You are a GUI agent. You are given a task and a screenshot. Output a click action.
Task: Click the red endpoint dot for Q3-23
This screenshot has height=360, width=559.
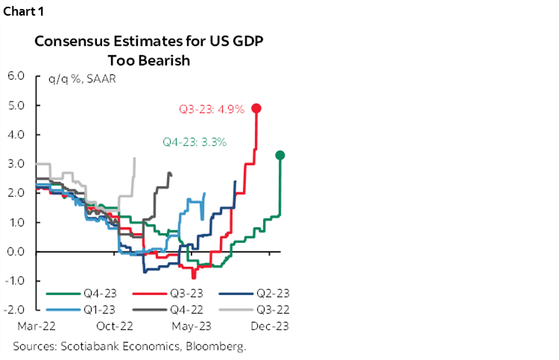pos(256,108)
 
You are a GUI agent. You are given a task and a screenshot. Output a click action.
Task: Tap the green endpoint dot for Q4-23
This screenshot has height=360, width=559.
pos(280,155)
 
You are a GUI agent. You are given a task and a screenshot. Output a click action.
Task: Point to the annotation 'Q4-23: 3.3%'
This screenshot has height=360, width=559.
pos(194,141)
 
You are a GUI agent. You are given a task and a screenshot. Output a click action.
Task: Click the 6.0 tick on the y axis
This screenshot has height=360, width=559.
pos(16,75)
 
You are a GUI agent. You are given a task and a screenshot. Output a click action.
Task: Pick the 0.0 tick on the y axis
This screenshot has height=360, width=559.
pos(16,251)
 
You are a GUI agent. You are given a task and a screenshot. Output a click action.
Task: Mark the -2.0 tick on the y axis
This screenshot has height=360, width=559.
pos(15,309)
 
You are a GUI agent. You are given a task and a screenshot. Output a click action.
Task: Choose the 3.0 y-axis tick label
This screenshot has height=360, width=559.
pos(16,163)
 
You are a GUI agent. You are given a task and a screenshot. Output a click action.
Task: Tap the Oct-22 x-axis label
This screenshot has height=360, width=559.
pos(116,326)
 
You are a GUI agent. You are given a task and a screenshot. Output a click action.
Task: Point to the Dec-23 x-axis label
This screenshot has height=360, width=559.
pos(270,326)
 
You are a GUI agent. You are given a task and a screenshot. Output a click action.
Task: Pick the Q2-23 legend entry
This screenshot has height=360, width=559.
pos(253,293)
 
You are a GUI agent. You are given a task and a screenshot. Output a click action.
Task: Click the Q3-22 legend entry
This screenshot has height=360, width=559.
pos(253,306)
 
